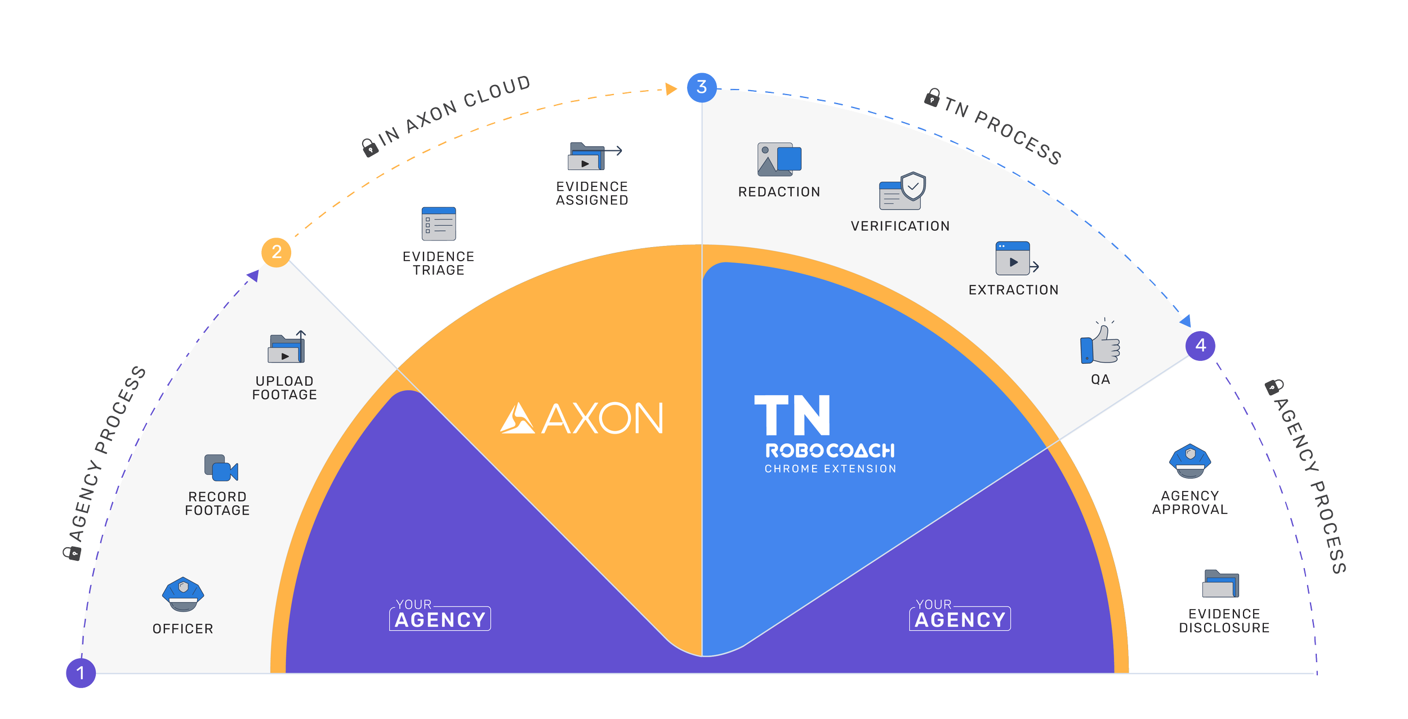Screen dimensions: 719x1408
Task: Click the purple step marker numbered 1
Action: tap(81, 673)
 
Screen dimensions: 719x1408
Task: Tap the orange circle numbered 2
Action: tap(276, 252)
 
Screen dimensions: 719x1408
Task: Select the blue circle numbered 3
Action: tap(701, 87)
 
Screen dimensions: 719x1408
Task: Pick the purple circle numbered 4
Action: tap(1200, 345)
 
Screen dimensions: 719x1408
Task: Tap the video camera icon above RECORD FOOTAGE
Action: tap(221, 467)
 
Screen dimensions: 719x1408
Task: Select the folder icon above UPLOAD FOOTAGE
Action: tap(287, 347)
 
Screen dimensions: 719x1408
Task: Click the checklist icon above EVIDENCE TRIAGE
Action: tap(439, 224)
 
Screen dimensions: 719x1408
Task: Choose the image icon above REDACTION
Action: tap(779, 159)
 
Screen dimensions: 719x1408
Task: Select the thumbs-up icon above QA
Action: tap(1100, 343)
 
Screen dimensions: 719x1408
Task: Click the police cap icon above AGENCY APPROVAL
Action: tap(1190, 461)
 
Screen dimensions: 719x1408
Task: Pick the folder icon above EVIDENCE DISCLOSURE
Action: tap(1221, 584)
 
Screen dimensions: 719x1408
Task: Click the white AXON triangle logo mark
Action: tap(517, 418)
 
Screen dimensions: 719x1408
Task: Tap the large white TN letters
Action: tap(792, 415)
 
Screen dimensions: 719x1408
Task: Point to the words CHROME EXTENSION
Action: tap(830, 468)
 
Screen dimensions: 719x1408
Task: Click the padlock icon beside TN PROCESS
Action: tap(932, 98)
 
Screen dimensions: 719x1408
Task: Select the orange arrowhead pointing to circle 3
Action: tap(671, 89)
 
